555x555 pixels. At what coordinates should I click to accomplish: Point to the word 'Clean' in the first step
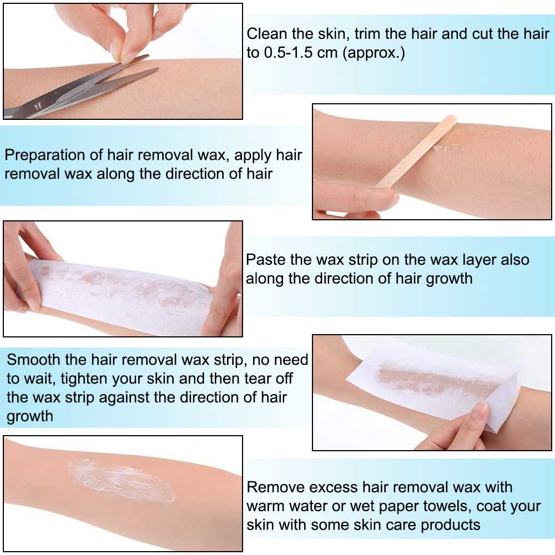[267, 34]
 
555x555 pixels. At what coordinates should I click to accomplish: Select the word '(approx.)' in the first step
[374, 53]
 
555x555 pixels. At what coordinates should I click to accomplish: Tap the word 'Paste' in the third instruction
[266, 259]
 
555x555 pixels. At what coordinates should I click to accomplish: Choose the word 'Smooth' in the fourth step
[34, 360]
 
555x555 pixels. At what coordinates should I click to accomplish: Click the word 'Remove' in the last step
[276, 487]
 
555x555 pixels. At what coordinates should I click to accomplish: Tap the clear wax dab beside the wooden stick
[447, 148]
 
